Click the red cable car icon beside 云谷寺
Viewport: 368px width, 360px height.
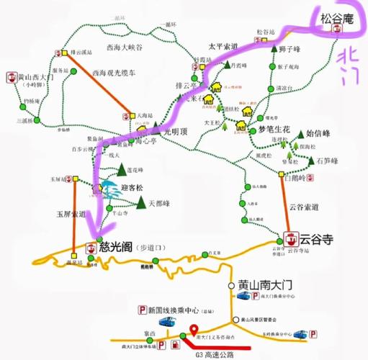tap(292, 237)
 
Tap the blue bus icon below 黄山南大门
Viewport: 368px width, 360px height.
tap(246, 296)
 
